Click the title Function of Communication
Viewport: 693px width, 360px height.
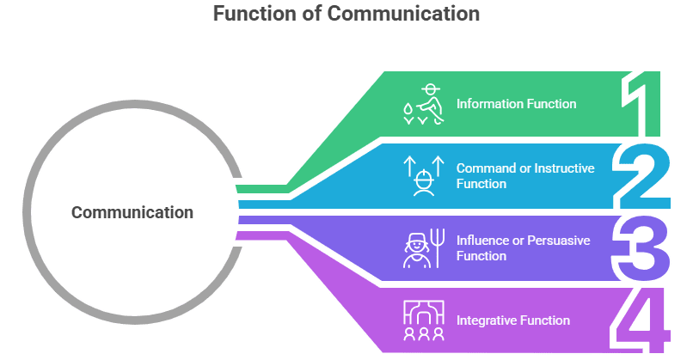point(346,15)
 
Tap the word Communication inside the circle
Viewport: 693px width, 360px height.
point(132,212)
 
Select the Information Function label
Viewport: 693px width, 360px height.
point(516,104)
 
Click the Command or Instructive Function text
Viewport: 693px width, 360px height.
point(525,176)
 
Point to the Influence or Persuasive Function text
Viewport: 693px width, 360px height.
point(523,248)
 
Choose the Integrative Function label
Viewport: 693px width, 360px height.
point(512,320)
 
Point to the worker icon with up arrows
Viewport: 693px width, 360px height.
point(423,175)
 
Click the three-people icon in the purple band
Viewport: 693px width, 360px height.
point(423,320)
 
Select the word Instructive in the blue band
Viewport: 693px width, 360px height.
point(563,168)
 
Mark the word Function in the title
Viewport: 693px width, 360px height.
point(250,15)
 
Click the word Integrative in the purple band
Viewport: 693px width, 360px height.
point(488,320)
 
